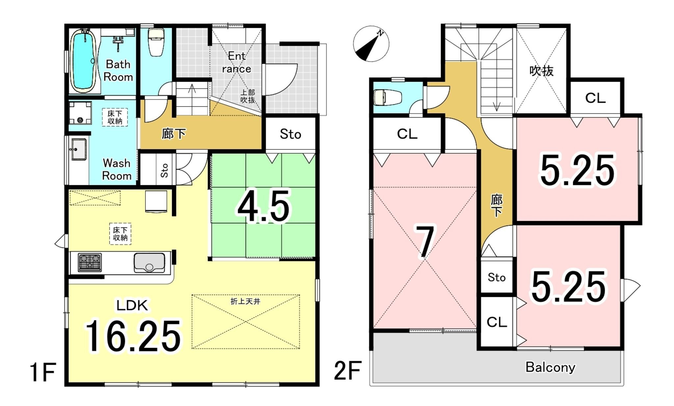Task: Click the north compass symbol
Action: pos(371,44)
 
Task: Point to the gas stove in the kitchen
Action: pos(90,262)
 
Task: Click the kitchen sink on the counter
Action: pos(149,262)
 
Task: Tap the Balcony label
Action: pos(550,367)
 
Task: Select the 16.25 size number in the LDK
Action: pos(133,336)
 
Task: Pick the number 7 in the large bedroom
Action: pos(425,242)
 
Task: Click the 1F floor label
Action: pos(43,372)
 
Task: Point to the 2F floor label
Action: pos(348,371)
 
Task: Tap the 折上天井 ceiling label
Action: pos(246,301)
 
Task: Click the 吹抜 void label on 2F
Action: pos(541,70)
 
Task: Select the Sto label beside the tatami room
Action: pos(290,134)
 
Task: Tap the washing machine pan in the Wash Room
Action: pos(80,113)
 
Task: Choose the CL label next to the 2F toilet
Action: pos(407,134)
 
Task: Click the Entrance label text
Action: pos(236,62)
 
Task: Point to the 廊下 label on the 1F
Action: pos(174,134)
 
